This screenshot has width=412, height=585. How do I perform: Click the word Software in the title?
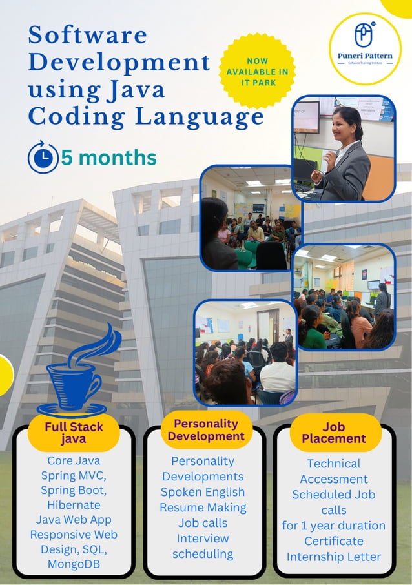87,35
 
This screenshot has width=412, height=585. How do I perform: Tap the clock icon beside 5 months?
43,158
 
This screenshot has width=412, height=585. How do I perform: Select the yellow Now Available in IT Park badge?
258,71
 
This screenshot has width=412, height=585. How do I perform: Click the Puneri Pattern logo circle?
365,48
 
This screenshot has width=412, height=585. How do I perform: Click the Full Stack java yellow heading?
74,433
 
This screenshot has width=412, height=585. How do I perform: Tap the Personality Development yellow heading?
205,430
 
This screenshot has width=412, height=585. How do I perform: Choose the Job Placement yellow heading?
334,432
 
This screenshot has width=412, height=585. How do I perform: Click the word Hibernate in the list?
74,505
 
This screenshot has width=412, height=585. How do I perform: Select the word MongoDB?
74,564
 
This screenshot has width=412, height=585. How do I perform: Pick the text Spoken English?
203,492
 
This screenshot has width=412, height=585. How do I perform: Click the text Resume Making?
203,508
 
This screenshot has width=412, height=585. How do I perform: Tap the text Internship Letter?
334,557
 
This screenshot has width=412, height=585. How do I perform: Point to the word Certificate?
334,541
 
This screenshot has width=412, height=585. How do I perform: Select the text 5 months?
108,158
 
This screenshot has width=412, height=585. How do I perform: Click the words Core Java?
74,461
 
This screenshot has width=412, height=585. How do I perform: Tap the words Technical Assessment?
334,471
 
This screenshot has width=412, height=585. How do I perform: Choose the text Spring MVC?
74,476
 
